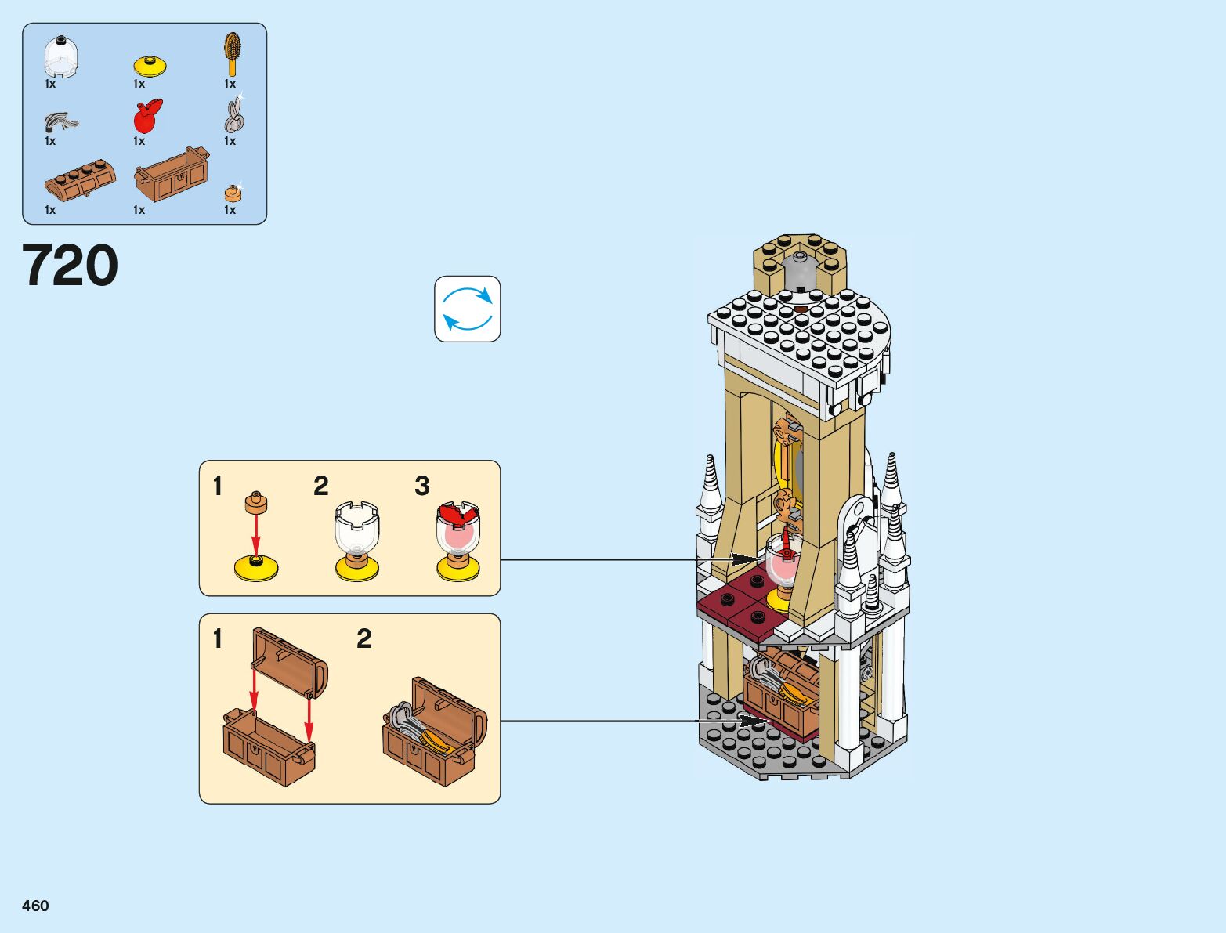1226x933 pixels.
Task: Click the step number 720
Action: tap(71, 266)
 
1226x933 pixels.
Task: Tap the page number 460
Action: tap(35, 906)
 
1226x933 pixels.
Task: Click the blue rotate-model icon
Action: tap(467, 309)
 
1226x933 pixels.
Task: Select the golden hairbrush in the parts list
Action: tap(232, 52)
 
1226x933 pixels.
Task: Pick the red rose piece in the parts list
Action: tap(147, 117)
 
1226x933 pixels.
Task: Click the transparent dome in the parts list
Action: tap(60, 57)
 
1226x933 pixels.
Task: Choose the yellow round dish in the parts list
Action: tap(150, 65)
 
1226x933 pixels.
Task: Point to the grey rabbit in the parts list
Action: tap(234, 116)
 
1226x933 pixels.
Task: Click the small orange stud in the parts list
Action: tap(233, 193)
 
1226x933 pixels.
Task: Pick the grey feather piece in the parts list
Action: tap(61, 122)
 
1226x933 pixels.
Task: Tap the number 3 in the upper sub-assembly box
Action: tap(422, 486)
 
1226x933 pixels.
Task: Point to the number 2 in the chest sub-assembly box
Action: tap(363, 639)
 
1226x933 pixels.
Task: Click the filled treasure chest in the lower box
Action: tap(433, 732)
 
